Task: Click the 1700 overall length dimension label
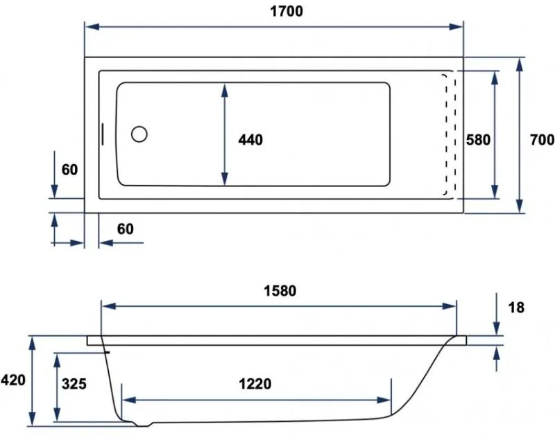pyautogui.click(x=287, y=11)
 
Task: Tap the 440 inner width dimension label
pyautogui.click(x=250, y=140)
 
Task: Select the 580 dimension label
pyautogui.click(x=478, y=140)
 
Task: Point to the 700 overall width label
pyautogui.click(x=542, y=140)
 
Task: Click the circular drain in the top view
pyautogui.click(x=139, y=134)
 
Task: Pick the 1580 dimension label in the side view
pyautogui.click(x=280, y=291)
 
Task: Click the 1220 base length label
pyautogui.click(x=255, y=384)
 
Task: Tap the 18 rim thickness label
pyautogui.click(x=516, y=308)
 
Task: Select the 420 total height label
pyautogui.click(x=13, y=380)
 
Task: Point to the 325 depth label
pyautogui.click(x=74, y=384)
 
